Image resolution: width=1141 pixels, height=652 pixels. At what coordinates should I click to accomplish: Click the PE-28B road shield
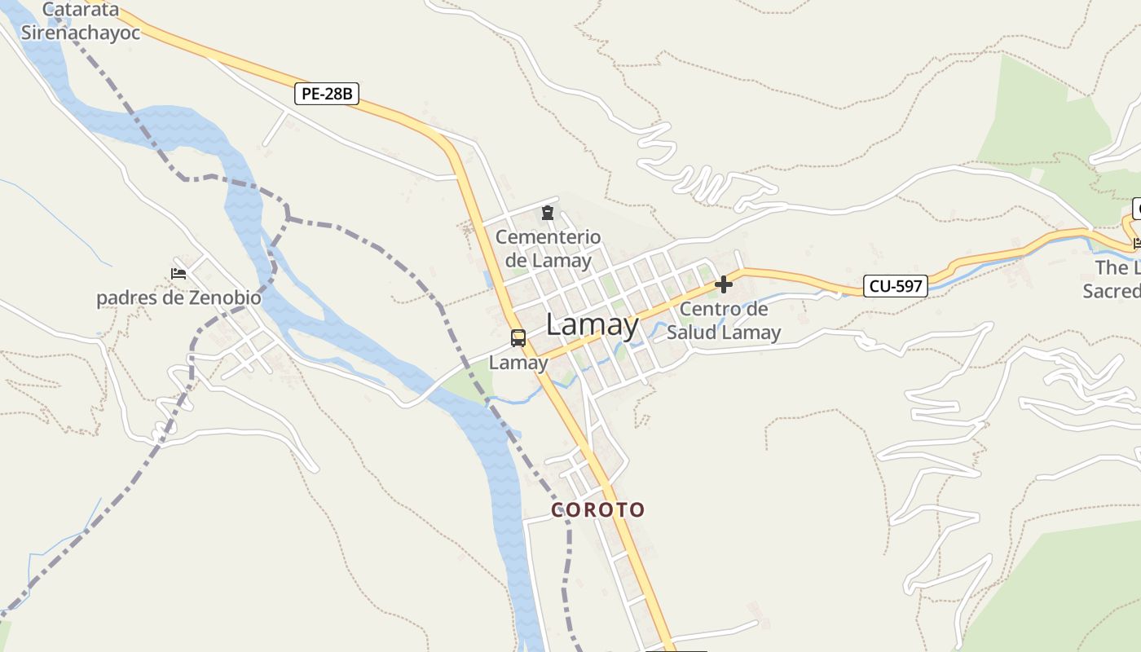(327, 94)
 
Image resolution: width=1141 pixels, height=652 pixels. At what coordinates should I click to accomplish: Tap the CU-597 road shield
(895, 286)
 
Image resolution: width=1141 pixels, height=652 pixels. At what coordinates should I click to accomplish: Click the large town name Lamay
(593, 324)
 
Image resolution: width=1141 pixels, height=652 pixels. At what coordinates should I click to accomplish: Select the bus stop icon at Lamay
(518, 337)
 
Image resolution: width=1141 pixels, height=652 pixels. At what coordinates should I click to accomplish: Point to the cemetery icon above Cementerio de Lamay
(548, 214)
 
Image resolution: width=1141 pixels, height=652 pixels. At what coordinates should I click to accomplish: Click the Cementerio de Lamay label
(548, 249)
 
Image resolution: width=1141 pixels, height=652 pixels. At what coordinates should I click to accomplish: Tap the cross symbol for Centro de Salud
(723, 284)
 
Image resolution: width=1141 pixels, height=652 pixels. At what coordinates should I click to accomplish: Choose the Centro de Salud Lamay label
(724, 320)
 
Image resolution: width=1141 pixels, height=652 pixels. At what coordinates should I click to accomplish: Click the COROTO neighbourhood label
(598, 510)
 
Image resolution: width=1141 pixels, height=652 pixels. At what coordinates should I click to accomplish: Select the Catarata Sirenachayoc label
(81, 22)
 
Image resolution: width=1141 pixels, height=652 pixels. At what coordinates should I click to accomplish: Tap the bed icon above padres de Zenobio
(178, 274)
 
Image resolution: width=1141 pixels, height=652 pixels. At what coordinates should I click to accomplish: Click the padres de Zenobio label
(178, 297)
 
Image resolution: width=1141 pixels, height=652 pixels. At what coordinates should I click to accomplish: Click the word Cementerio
(548, 237)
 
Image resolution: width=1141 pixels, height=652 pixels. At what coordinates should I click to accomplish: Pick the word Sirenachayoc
(81, 33)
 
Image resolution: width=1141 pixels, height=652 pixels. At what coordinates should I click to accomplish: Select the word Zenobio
(226, 297)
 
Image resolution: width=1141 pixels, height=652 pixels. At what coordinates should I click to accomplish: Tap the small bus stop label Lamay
(518, 363)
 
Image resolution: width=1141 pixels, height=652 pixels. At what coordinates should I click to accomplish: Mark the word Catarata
(81, 11)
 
